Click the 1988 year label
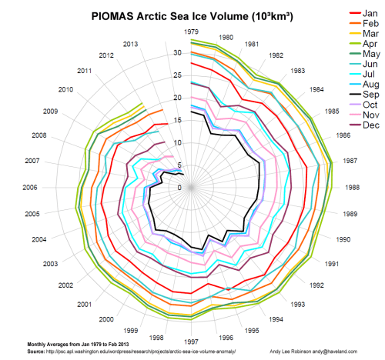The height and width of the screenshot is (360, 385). click(352, 188)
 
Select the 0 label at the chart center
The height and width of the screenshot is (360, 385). click(179, 187)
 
